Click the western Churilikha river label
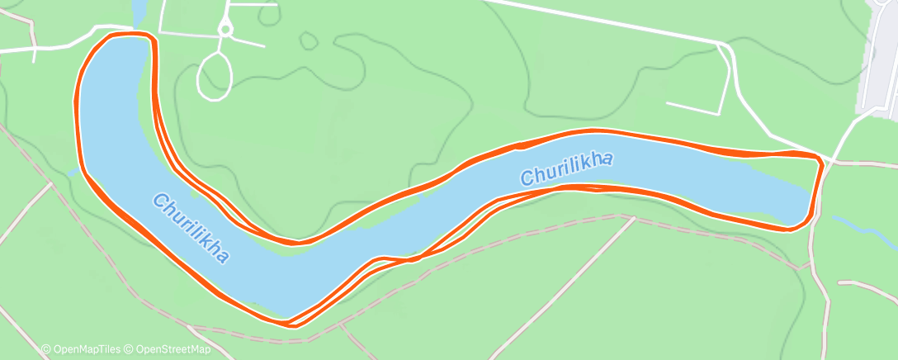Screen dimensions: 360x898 [191, 229]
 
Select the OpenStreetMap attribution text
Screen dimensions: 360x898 [168, 349]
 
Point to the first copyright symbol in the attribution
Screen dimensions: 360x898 [46, 349]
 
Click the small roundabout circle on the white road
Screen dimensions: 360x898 [225, 30]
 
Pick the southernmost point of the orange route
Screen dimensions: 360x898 [291, 323]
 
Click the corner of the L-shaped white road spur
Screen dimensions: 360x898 [724, 111]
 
